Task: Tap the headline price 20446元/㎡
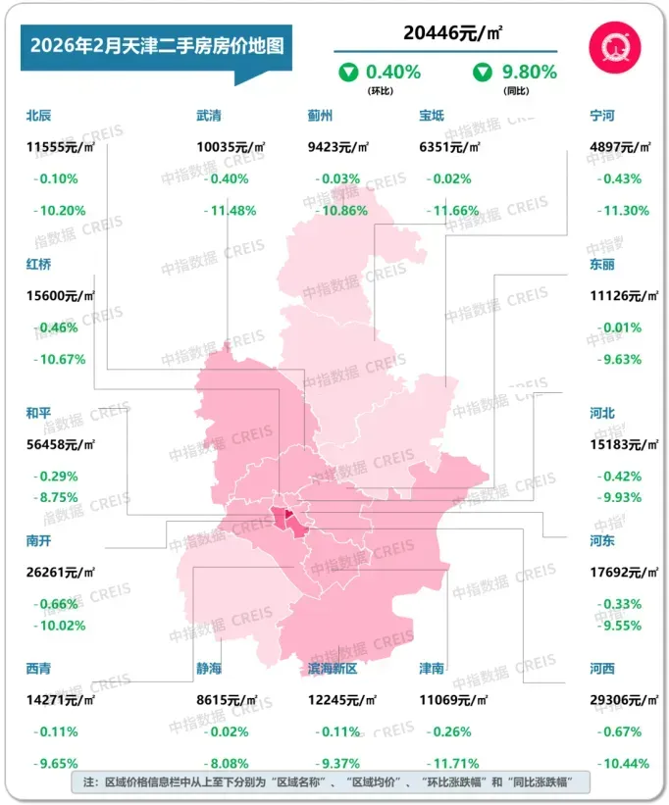445,32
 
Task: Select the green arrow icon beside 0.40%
347,72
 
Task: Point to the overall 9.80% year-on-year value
529,72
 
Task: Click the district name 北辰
40,116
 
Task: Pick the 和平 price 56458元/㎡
60,444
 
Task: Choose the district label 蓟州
320,116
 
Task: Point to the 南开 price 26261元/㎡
60,572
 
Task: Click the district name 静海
209,669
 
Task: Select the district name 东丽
602,265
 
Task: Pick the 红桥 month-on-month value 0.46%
60,327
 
